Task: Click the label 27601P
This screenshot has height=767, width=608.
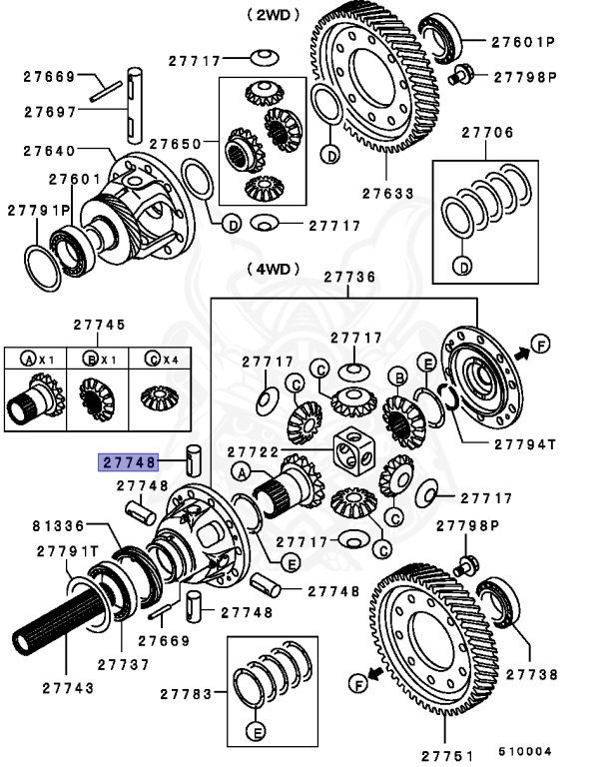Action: [x=522, y=42]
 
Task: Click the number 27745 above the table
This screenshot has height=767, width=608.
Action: [x=99, y=325]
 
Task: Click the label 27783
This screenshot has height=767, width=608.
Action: [x=187, y=693]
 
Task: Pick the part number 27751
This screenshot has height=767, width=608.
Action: [x=448, y=754]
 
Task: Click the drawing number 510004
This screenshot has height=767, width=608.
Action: [x=525, y=752]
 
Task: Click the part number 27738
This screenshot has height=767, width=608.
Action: [x=532, y=675]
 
